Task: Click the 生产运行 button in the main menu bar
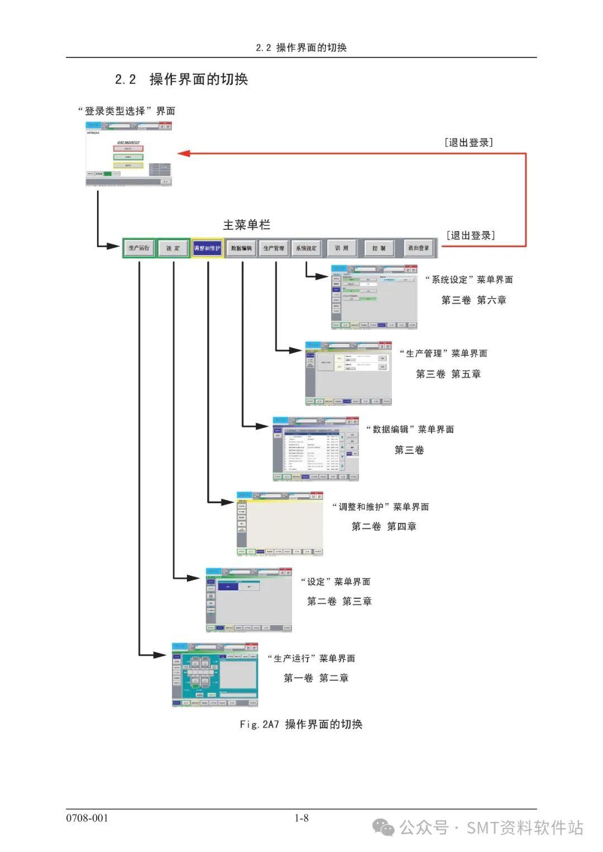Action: coord(139,248)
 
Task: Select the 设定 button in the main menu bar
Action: coord(173,248)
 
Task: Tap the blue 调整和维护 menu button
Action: coord(207,248)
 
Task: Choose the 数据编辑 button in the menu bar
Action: coord(242,248)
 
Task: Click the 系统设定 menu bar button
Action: coord(306,248)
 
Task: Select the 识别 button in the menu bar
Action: coord(341,248)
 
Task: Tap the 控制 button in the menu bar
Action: coord(379,248)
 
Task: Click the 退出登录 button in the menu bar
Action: coord(418,248)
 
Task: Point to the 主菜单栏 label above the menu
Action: coord(246,225)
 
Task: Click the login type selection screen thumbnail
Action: coord(128,153)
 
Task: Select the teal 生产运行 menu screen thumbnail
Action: coord(215,675)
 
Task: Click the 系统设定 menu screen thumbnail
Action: coord(374,297)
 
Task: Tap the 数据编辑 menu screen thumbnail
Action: coord(315,449)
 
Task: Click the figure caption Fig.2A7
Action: coord(301,724)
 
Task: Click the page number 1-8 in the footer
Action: coord(301,818)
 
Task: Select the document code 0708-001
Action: coord(87,818)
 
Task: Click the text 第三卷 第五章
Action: coord(448,374)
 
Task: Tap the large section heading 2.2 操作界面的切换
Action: coord(181,79)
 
